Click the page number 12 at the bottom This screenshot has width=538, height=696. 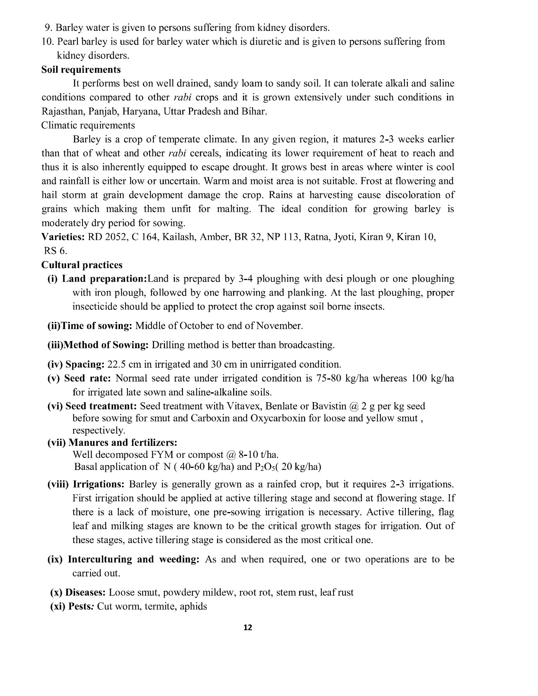click(x=248, y=628)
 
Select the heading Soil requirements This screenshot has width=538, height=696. click(x=81, y=70)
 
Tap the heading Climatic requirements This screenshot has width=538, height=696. click(x=88, y=125)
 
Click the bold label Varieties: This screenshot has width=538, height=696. click(x=63, y=237)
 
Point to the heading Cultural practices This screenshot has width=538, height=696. click(x=82, y=265)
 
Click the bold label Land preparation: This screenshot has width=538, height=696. click(x=103, y=279)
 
